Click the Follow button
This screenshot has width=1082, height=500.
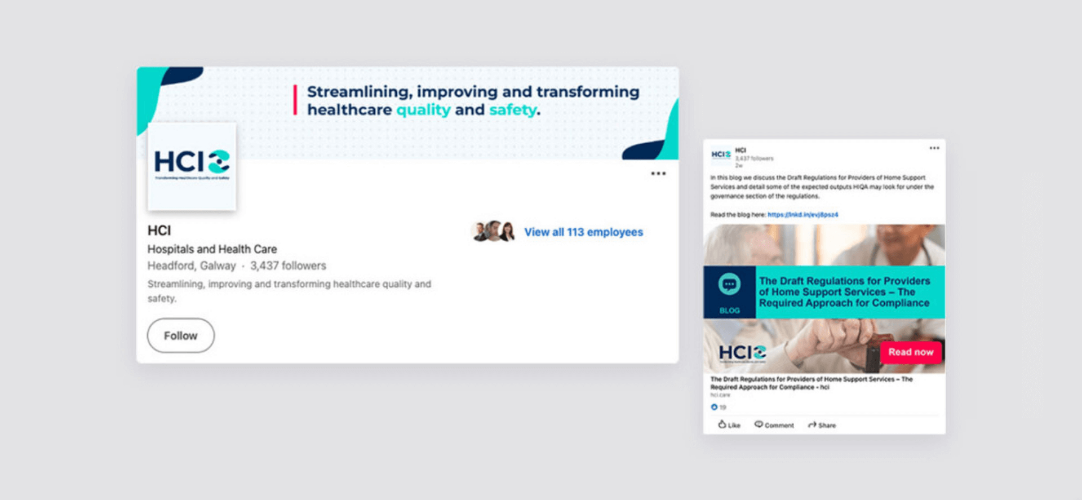(180, 335)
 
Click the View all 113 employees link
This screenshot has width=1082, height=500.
(583, 232)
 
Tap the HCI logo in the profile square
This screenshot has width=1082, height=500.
(192, 163)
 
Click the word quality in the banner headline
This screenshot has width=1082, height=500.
(423, 110)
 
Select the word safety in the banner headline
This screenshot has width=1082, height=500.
(513, 110)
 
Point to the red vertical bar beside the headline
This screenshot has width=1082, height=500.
(295, 100)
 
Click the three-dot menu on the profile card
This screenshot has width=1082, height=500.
(658, 174)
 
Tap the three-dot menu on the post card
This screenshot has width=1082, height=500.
(934, 148)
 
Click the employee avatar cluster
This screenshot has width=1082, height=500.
(493, 232)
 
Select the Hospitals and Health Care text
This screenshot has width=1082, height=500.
(212, 249)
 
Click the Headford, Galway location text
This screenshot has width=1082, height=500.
(192, 266)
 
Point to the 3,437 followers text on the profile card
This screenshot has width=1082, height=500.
(288, 266)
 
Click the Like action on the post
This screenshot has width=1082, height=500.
(729, 425)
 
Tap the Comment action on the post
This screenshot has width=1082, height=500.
(774, 425)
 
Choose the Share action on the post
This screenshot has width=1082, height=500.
(822, 425)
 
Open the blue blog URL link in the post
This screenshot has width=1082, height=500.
(802, 215)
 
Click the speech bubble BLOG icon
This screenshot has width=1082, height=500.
(729, 285)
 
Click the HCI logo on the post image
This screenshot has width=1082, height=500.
(742, 353)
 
